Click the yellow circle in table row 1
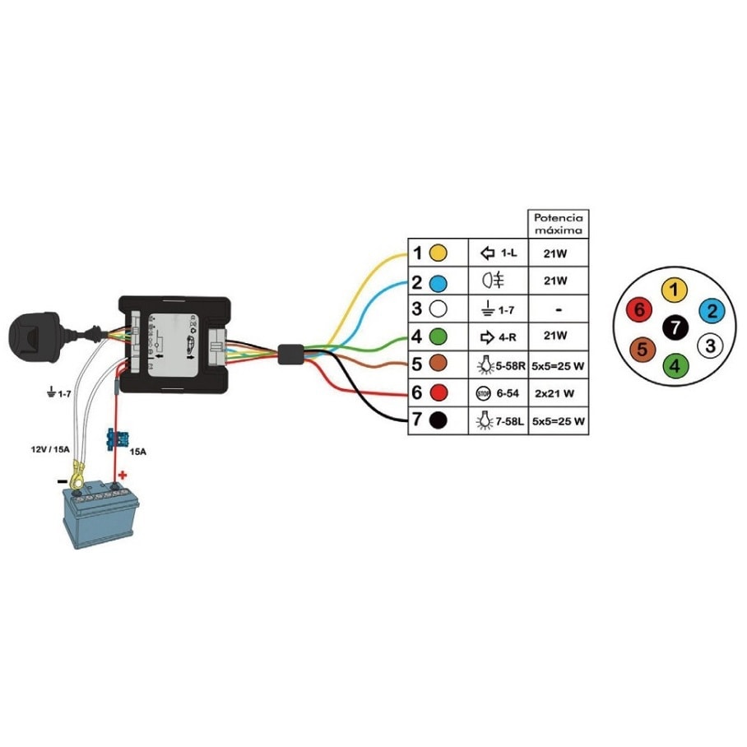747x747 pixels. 439,253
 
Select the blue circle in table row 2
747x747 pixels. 439,281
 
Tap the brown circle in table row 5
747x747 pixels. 439,364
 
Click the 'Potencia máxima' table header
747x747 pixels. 558,224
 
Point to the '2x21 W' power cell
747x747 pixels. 558,392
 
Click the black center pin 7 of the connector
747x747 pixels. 675,327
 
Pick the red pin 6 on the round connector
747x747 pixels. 638,310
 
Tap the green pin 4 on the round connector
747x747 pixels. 675,364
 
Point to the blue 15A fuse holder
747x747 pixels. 115,439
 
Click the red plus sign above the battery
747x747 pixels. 123,475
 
